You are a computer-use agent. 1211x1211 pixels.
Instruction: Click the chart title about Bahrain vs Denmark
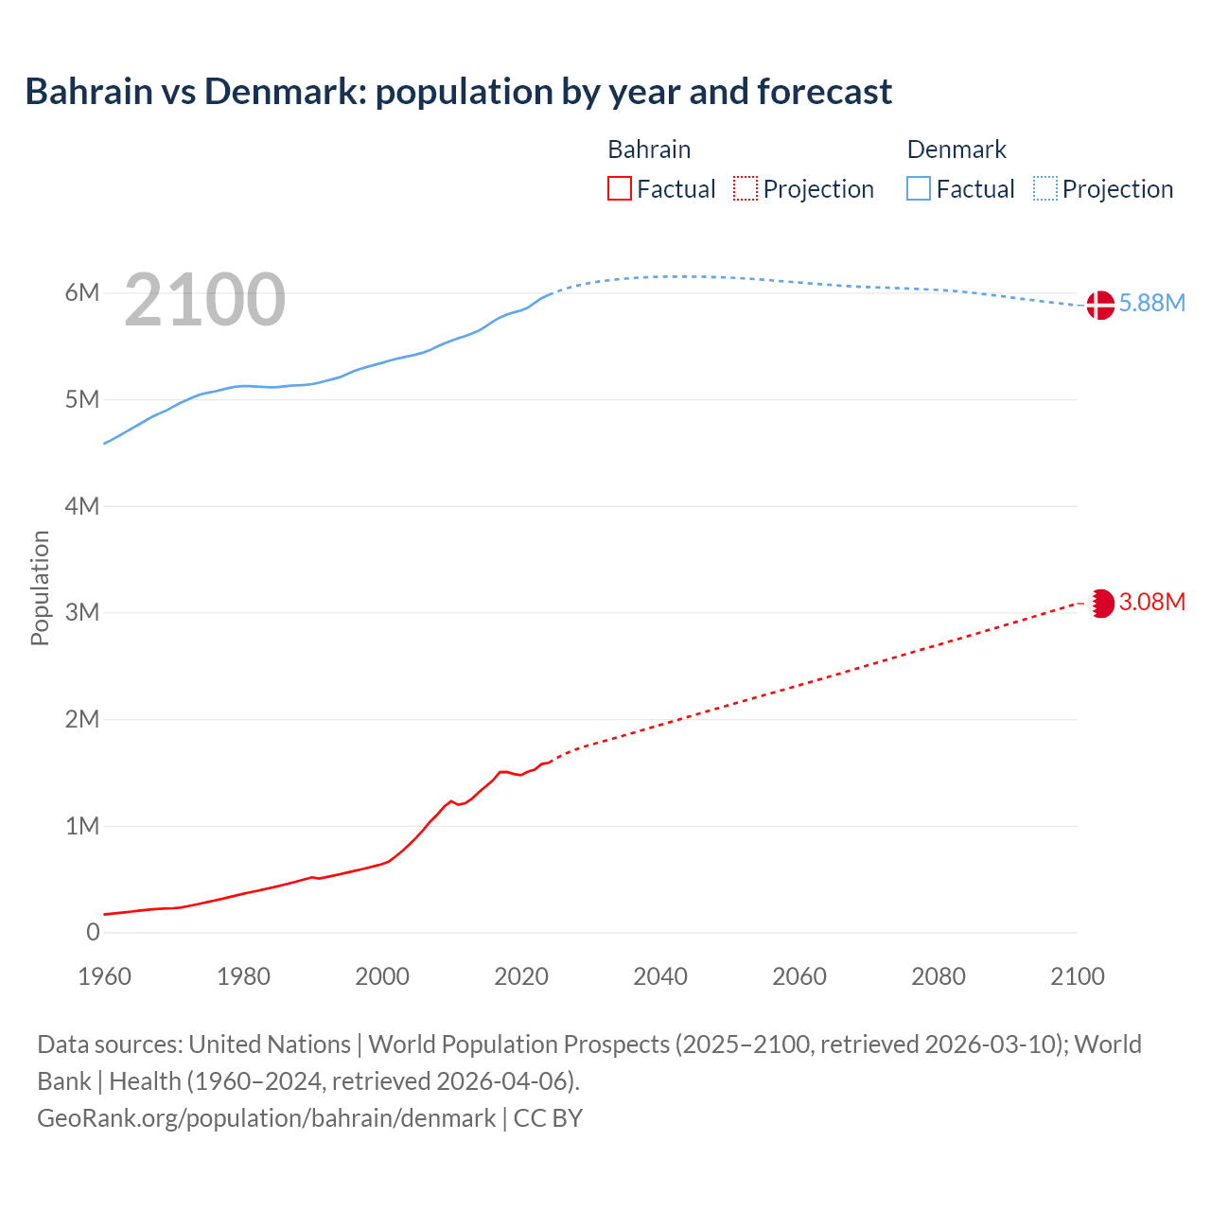(x=458, y=92)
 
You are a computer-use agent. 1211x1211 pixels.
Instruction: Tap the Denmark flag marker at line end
(x=1099, y=305)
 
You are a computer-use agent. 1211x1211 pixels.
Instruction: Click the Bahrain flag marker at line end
(x=1101, y=603)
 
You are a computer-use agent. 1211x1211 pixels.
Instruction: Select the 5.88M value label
(x=1151, y=304)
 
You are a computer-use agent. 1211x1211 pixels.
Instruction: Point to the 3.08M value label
(x=1151, y=603)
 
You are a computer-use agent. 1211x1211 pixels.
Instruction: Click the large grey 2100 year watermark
(x=204, y=300)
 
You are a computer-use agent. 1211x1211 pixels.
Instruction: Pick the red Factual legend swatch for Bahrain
(x=619, y=189)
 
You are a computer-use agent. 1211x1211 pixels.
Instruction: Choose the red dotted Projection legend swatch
(x=746, y=189)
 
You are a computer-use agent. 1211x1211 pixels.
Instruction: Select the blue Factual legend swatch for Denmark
(x=919, y=189)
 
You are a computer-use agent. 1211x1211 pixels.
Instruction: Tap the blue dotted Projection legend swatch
(x=1044, y=189)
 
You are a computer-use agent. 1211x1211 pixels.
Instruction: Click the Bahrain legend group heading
(x=649, y=149)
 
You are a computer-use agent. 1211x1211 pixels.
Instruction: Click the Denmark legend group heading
(x=957, y=149)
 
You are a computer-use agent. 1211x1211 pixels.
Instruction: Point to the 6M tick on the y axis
(x=82, y=292)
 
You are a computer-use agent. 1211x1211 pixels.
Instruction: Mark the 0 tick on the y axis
(x=93, y=932)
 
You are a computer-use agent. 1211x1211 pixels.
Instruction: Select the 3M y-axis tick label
(x=82, y=612)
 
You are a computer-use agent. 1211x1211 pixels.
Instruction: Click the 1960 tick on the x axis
(x=104, y=976)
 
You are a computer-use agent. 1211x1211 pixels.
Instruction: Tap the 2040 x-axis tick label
(x=660, y=976)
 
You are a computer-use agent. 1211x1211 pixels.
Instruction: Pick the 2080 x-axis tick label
(x=938, y=976)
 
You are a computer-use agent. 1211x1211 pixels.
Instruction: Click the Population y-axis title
(x=40, y=588)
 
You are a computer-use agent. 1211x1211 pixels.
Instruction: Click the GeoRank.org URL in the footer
(x=266, y=1118)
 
